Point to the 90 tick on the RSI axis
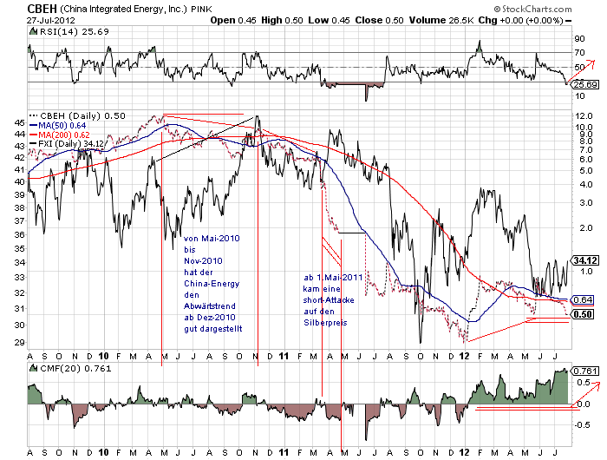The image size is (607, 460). coord(578,39)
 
